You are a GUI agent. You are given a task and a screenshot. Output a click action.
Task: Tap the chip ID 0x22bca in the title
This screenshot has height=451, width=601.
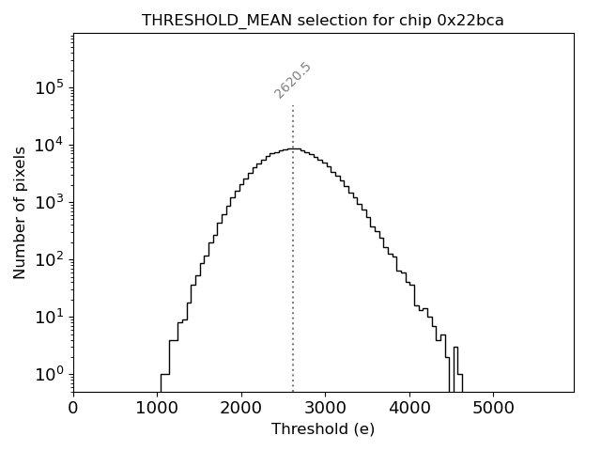pyautogui.click(x=470, y=21)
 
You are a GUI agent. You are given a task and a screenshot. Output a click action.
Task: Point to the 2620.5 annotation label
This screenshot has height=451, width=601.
pyautogui.click(x=293, y=80)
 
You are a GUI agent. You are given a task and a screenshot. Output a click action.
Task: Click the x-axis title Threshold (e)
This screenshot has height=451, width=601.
pyautogui.click(x=323, y=429)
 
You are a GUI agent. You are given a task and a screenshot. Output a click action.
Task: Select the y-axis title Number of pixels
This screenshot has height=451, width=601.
pyautogui.click(x=20, y=212)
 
